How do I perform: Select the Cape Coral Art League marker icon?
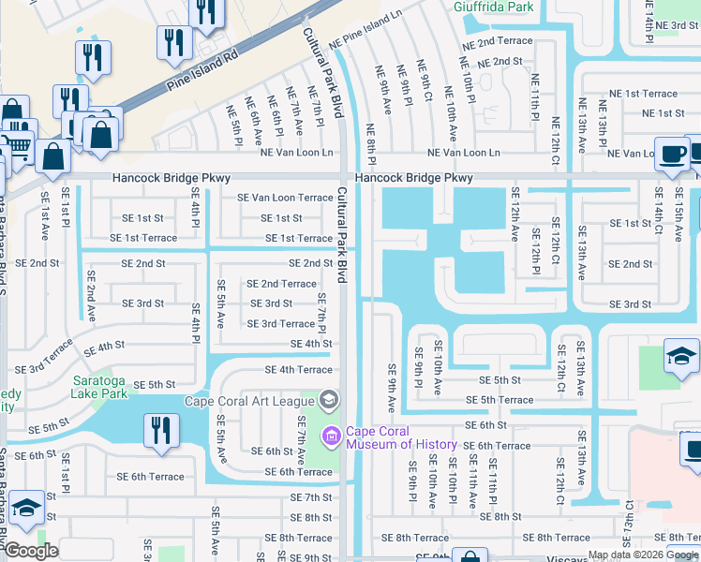[x=328, y=402]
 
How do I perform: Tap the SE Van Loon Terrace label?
[x=285, y=198]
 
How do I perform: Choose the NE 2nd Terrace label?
[x=497, y=42]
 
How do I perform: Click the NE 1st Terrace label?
[x=645, y=94]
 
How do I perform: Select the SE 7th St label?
[x=311, y=497]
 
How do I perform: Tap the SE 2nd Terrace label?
[x=281, y=284]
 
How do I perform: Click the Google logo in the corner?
[x=30, y=551]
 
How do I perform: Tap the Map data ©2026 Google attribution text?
[x=643, y=555]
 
